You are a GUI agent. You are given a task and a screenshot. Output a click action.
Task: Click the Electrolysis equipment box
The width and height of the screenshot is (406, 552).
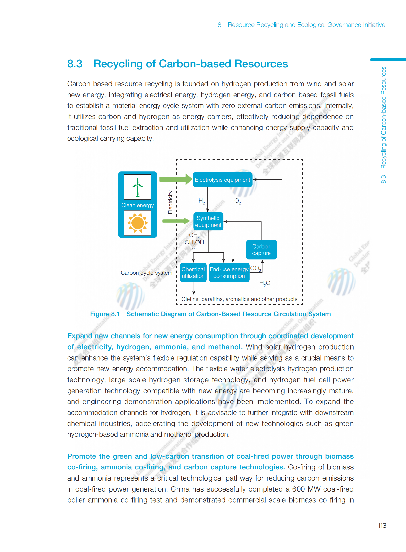222,180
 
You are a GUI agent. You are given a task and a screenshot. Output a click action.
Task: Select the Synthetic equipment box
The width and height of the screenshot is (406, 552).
208,221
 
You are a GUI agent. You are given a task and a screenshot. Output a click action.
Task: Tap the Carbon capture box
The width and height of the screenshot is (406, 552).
261,250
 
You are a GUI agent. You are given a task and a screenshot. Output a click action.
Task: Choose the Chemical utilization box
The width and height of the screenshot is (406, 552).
193,272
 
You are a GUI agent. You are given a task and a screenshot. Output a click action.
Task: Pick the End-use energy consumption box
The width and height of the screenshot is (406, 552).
229,272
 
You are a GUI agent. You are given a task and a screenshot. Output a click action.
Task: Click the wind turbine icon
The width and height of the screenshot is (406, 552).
138,187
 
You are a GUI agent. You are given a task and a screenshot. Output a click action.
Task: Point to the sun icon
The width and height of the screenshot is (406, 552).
138,223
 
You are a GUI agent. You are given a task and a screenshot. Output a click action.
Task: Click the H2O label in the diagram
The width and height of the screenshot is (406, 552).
265,283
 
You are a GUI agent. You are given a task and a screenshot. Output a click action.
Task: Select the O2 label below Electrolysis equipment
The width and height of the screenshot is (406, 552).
237,201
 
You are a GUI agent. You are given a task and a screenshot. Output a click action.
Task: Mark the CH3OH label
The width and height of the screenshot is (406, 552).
194,242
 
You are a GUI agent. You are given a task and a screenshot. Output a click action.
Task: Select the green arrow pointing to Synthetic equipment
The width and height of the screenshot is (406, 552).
176,221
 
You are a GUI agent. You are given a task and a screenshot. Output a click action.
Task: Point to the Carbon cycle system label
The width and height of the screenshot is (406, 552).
146,273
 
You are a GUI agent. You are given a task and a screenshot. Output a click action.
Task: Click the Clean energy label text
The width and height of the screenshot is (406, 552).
138,205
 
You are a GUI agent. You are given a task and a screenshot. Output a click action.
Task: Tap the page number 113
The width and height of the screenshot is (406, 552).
382,526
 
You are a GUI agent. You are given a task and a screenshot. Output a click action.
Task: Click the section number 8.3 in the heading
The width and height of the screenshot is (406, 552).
75,64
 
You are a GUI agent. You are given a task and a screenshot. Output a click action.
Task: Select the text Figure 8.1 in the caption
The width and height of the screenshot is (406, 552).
105,314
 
